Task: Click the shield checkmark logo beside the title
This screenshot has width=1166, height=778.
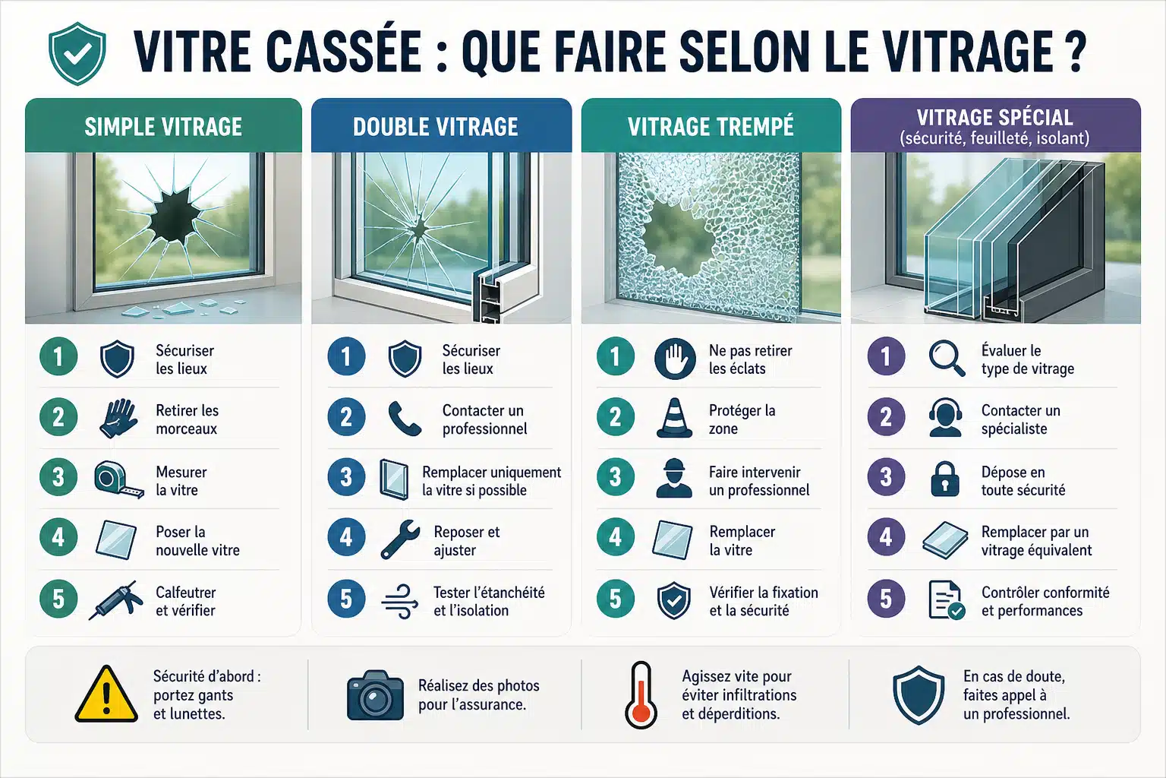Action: [x=77, y=53]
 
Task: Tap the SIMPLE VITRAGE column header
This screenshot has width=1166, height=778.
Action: [x=163, y=127]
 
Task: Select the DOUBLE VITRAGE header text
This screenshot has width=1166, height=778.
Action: [x=435, y=127]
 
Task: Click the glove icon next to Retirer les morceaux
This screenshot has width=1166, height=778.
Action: [x=118, y=418]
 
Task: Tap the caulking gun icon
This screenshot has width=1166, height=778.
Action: [x=116, y=599]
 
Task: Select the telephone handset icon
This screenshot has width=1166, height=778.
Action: [x=405, y=418]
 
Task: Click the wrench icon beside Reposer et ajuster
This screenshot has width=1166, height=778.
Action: [x=400, y=539]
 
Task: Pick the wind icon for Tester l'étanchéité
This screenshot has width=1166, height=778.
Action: [x=400, y=601]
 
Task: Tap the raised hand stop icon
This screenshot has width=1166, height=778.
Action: [x=675, y=358]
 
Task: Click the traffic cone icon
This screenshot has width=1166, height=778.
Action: [x=675, y=417]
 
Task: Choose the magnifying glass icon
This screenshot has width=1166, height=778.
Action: [x=947, y=358]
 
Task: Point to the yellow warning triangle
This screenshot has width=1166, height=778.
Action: [x=106, y=694]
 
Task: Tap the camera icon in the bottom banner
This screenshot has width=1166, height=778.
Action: [x=375, y=694]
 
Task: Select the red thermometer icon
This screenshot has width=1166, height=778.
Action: [x=641, y=695]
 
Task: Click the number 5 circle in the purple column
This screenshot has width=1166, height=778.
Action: [x=886, y=599]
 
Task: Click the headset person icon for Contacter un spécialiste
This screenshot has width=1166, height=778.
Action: [x=945, y=417]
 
